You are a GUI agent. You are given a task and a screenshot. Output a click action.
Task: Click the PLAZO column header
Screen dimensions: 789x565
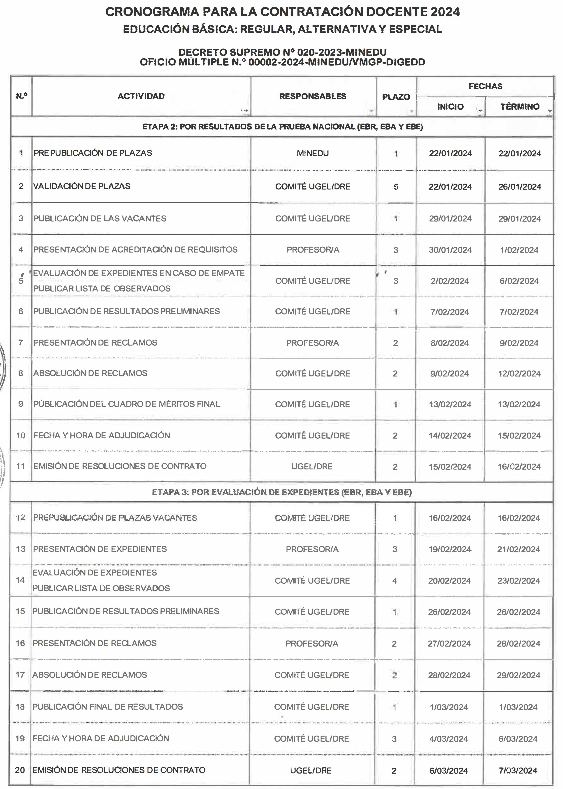pyautogui.click(x=396, y=97)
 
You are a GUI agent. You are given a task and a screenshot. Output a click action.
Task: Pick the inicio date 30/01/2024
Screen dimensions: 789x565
pyautogui.click(x=450, y=250)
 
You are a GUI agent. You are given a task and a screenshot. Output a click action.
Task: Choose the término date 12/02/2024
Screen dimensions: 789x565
pyautogui.click(x=519, y=374)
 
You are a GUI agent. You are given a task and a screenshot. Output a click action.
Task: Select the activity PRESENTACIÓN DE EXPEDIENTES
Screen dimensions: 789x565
pyautogui.click(x=100, y=549)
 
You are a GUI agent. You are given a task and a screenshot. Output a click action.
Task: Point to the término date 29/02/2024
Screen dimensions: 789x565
pyautogui.click(x=518, y=675)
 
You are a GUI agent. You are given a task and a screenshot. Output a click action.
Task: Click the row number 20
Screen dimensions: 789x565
pyautogui.click(x=20, y=770)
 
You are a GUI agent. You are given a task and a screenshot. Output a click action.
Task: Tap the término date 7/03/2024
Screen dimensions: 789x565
pyautogui.click(x=518, y=771)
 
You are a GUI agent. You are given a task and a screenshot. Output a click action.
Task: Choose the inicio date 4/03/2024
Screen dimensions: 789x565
pyautogui.click(x=449, y=739)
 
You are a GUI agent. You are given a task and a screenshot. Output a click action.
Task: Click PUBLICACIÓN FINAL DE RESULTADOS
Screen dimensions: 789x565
pyautogui.click(x=107, y=707)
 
